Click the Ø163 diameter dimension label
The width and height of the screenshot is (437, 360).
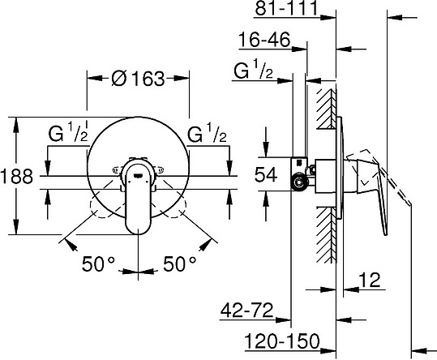click(138, 79)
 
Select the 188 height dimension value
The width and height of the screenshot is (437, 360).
click(17, 176)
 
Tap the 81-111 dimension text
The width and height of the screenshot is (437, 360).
click(286, 7)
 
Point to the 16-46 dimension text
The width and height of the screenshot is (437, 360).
click(264, 39)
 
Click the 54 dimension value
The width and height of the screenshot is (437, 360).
click(266, 174)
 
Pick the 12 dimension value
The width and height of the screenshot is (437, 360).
click(370, 280)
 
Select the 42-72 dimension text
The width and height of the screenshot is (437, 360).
click(246, 310)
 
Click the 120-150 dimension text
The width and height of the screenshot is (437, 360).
click(282, 341)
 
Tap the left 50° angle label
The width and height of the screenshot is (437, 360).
click(98, 264)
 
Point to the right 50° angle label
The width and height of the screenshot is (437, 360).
click(179, 264)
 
